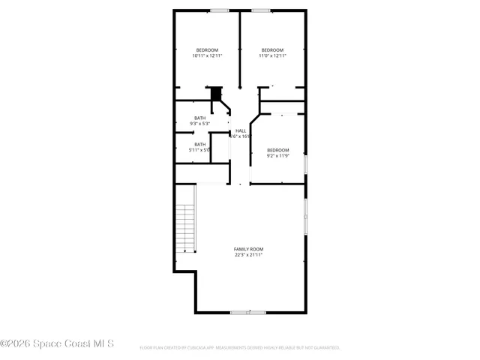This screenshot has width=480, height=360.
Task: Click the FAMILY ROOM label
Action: (x=248, y=249)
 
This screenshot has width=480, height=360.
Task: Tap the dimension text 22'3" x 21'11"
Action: (x=248, y=255)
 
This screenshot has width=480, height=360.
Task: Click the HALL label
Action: (x=241, y=130)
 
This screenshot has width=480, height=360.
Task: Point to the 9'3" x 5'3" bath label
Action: (x=200, y=124)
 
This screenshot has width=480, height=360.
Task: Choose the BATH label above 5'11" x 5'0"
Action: (x=200, y=144)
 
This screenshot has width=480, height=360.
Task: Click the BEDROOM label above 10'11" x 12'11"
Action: (x=207, y=49)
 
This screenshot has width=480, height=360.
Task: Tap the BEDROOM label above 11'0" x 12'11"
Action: (x=272, y=49)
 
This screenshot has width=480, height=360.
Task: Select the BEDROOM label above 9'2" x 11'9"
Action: (x=278, y=150)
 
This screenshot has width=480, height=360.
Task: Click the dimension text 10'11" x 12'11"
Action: (x=207, y=55)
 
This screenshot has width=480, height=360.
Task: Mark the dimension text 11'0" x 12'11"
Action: (x=272, y=55)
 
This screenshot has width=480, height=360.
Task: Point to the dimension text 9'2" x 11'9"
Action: (x=278, y=156)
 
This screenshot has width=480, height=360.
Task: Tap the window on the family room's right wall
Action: (x=305, y=217)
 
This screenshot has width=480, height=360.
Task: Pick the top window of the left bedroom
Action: (x=220, y=10)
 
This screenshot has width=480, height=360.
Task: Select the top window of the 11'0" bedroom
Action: (x=261, y=10)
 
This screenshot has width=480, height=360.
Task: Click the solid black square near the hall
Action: (x=217, y=93)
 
